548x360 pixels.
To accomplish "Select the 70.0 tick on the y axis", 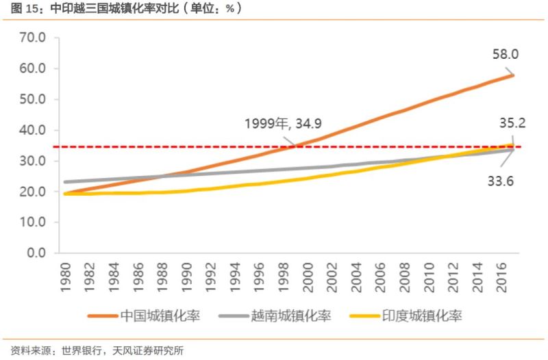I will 32,38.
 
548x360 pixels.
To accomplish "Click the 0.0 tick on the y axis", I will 35,253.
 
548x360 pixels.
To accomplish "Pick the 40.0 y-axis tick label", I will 32,130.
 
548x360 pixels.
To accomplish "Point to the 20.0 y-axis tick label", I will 32,192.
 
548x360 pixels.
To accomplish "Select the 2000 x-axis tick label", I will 308,277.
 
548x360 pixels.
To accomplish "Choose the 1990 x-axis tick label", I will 187,277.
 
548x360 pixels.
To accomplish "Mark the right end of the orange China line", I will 512,75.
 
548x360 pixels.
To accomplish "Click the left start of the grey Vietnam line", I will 65,182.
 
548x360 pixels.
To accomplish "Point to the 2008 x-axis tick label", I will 404,277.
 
